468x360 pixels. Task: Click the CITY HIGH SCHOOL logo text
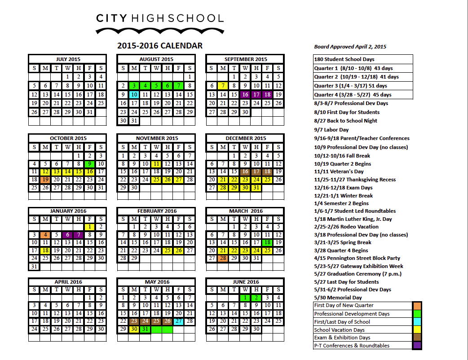[159, 18]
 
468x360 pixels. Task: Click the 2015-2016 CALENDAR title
[159, 46]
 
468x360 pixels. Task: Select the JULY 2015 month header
[67, 59]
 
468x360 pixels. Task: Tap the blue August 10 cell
[134, 95]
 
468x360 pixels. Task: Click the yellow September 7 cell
[223, 86]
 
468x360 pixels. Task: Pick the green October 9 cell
[90, 164]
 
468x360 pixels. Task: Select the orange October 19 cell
[45, 180]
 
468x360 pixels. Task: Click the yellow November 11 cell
[156, 164]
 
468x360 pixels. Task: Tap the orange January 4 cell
[45, 235]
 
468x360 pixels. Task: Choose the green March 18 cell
[267, 242]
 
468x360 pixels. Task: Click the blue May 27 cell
[178, 321]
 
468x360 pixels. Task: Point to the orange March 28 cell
[223, 258]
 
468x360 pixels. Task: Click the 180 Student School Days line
[344, 59]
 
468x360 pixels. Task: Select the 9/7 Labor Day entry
[331, 130]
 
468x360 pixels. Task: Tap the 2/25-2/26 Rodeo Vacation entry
[347, 227]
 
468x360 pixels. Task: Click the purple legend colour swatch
[417, 346]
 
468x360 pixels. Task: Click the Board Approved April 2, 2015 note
[350, 47]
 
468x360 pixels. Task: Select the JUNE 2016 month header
[245, 282]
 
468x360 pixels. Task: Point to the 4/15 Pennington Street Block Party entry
[357, 258]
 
